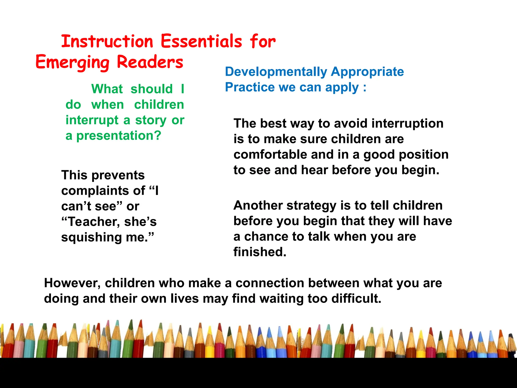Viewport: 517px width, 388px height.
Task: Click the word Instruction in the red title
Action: coord(107,41)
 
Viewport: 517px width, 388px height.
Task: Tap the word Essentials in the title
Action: coord(201,41)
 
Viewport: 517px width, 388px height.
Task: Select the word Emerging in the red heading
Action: coord(72,62)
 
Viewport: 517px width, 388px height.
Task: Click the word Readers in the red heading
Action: coord(150,62)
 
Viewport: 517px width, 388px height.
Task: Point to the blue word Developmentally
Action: coord(276,72)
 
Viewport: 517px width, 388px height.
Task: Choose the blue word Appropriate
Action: coord(367,72)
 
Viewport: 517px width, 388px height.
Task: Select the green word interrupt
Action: coord(92,120)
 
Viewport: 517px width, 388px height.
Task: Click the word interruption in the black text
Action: coord(407,124)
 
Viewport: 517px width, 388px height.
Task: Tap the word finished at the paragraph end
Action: coord(260,252)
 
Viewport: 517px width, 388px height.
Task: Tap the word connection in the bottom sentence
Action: coord(269,283)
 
